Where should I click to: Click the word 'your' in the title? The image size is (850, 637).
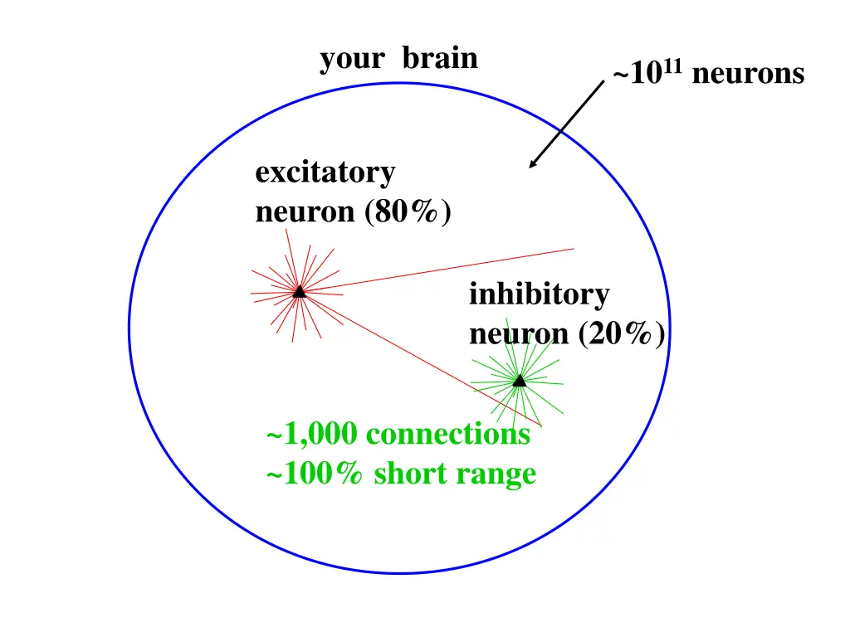coord(352,60)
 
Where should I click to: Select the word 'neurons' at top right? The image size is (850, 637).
coord(747,75)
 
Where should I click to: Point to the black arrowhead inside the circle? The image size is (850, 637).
coord(534,163)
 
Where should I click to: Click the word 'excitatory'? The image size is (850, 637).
coord(325,173)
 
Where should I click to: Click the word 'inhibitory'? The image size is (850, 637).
coord(539,294)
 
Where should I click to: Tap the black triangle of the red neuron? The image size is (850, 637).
coord(299,291)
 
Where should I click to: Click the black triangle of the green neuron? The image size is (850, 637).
coord(519,381)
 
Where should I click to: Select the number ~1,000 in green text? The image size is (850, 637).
coord(311,435)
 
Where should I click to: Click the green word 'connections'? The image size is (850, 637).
coord(447,435)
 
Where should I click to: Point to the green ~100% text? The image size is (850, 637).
coord(315,474)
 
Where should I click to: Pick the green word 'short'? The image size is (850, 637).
coord(410,474)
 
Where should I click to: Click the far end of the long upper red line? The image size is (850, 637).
coord(573,248)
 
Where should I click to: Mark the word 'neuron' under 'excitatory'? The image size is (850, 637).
coord(305,213)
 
